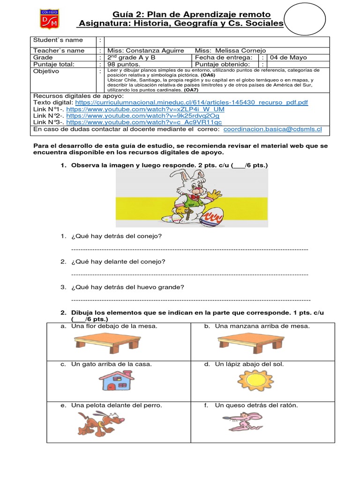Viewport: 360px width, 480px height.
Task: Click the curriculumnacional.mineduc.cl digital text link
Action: pos(191,102)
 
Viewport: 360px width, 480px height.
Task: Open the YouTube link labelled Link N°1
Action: pos(145,109)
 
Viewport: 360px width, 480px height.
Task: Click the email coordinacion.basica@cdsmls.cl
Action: pos(272,129)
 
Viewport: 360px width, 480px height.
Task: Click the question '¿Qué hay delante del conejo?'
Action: pos(119,262)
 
